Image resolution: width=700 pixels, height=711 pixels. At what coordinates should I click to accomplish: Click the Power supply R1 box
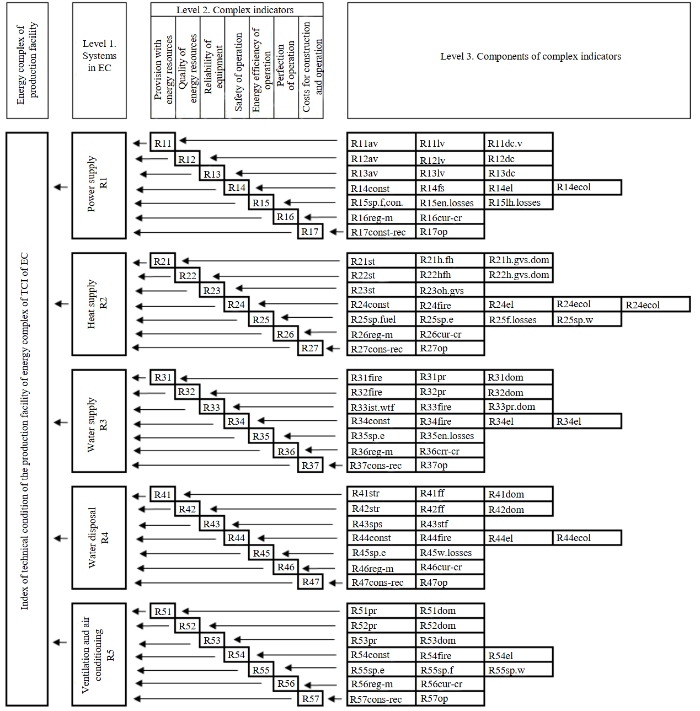tap(99, 185)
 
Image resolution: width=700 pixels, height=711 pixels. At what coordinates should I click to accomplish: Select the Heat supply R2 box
tap(99, 304)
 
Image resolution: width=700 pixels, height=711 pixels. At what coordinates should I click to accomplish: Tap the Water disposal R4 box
tap(99, 538)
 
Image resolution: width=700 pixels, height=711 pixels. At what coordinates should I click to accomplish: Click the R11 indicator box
tap(163, 142)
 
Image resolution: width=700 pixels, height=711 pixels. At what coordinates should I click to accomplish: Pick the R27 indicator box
tap(310, 348)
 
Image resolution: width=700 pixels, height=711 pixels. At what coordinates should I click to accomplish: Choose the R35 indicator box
tap(261, 436)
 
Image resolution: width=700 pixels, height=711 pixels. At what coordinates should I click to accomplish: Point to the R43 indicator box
tap(212, 523)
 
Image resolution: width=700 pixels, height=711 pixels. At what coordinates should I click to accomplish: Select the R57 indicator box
tap(311, 698)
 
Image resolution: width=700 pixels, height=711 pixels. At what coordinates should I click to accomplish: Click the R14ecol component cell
tap(587, 188)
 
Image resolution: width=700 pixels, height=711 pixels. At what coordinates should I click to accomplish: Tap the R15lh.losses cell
tap(518, 202)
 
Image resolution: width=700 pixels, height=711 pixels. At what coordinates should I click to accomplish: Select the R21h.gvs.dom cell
tap(519, 260)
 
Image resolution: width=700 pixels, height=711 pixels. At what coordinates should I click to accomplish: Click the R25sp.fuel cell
tap(381, 319)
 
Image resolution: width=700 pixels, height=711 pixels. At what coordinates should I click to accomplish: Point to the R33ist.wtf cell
tap(381, 407)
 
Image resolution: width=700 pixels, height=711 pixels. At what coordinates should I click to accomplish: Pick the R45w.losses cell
tap(450, 553)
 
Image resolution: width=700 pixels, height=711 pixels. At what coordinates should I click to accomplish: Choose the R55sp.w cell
tap(518, 670)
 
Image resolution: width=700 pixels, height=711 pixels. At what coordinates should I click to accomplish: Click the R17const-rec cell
tap(381, 232)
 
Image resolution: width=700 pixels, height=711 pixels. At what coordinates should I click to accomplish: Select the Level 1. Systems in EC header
tap(99, 56)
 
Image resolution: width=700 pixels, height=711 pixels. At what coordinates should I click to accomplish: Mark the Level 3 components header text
tap(530, 56)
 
